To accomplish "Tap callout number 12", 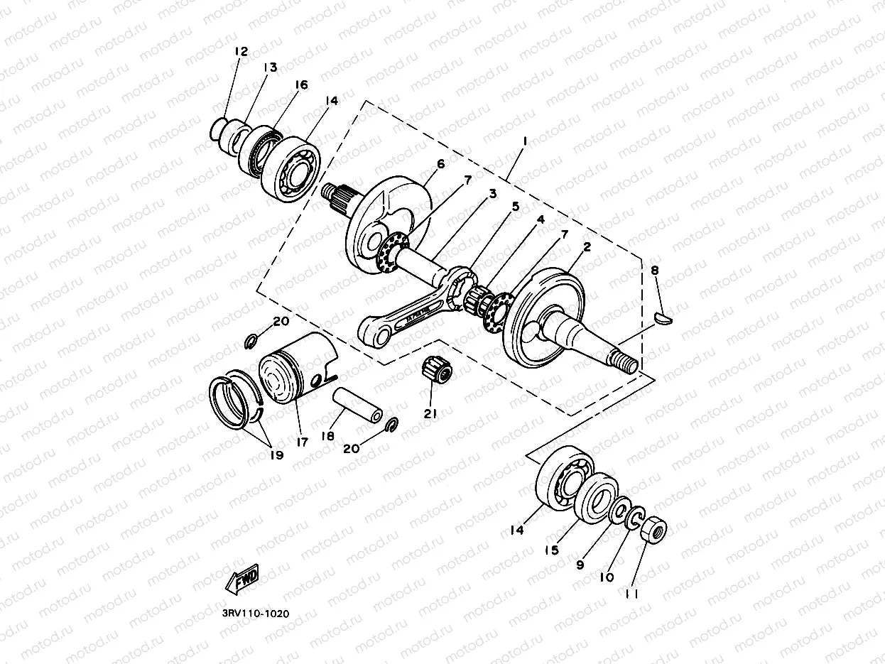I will [x=241, y=51].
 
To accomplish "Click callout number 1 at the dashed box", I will [x=523, y=141].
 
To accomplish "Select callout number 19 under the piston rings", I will [x=276, y=455].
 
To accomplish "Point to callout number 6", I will [x=440, y=164].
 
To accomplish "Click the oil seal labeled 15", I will [x=595, y=495].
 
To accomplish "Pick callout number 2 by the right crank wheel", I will [x=587, y=247].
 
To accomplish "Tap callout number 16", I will [x=301, y=85].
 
